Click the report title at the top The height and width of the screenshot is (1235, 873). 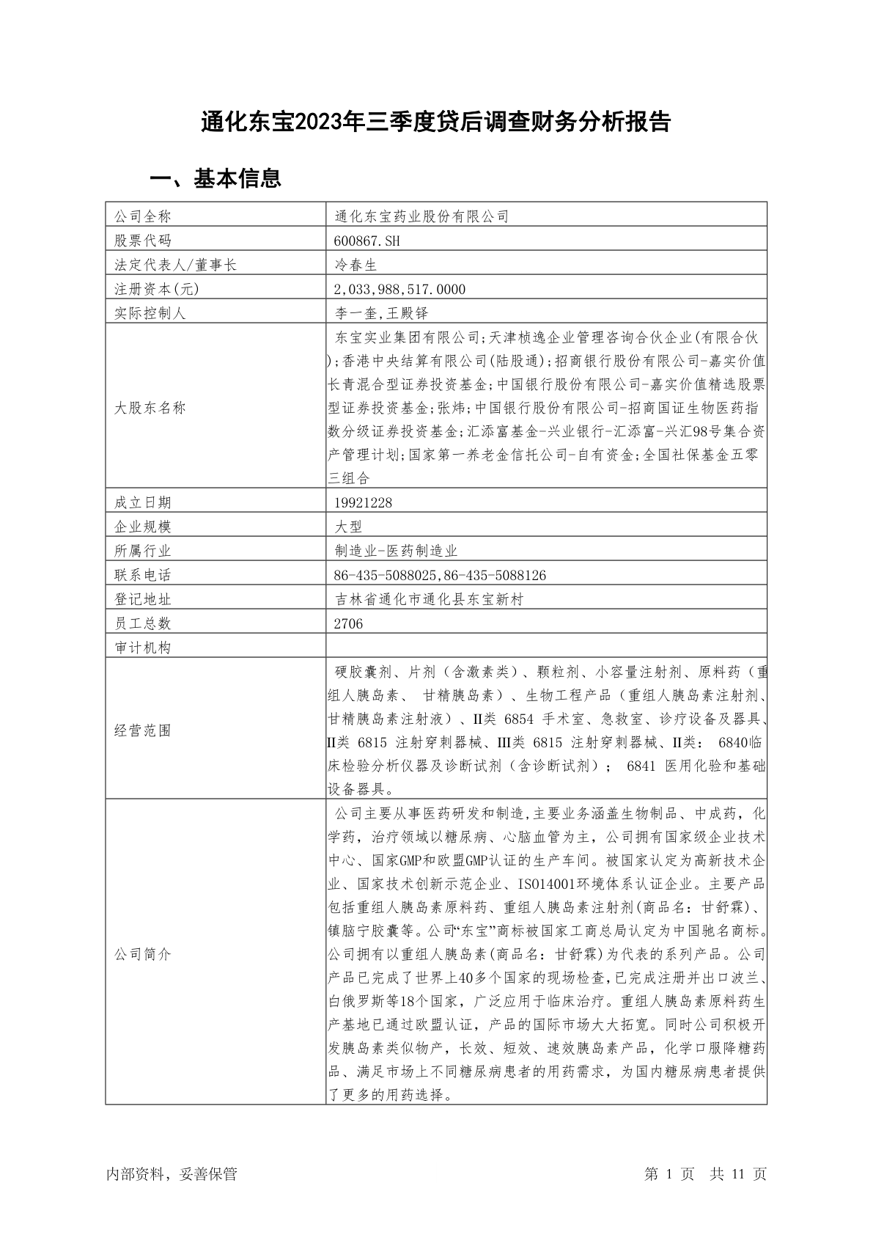click(436, 122)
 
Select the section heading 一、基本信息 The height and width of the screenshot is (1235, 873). click(216, 178)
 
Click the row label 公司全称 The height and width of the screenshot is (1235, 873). click(143, 216)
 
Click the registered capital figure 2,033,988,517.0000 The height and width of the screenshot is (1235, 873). click(399, 289)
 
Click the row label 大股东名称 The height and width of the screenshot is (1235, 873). click(150, 408)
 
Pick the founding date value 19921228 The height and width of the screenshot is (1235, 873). click(363, 502)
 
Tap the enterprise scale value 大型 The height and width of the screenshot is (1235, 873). click(348, 527)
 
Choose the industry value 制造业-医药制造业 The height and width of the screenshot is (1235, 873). click(396, 551)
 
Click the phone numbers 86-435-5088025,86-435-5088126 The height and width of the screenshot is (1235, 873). click(440, 575)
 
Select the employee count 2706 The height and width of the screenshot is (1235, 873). click(348, 623)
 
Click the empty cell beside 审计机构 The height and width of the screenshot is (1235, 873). click(546, 648)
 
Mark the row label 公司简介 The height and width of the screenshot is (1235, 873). click(143, 954)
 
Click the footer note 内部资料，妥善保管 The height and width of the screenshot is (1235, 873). click(172, 1174)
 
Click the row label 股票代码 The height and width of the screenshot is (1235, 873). click(143, 241)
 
